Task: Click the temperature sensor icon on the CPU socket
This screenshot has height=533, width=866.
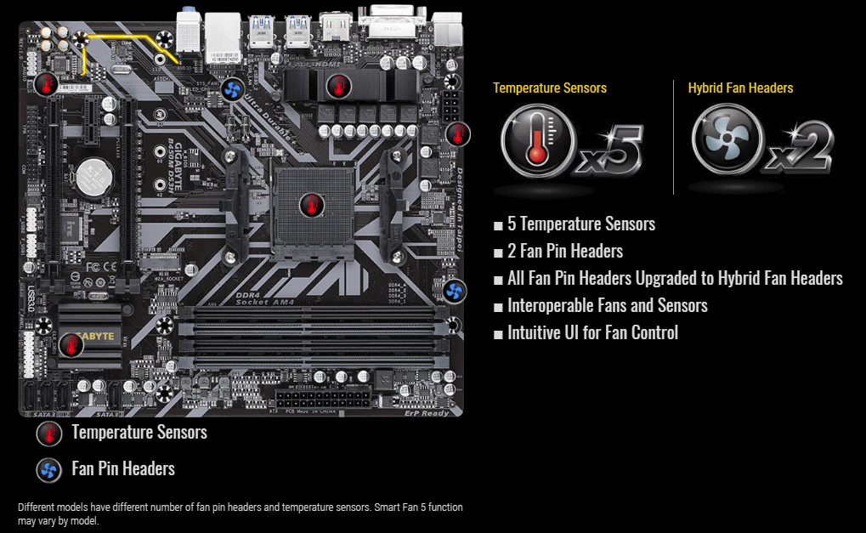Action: coord(311,205)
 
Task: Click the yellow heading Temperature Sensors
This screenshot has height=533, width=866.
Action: coord(550,88)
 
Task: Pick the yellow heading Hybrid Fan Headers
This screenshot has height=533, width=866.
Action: coord(740,88)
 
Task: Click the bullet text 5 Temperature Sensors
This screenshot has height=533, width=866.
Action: coord(580,224)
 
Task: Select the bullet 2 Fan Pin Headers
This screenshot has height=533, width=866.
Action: coord(564,252)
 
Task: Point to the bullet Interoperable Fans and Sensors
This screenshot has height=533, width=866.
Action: coord(607,306)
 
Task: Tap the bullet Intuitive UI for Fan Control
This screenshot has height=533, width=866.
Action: coord(592,333)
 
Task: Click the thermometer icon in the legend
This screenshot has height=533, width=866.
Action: coord(49,434)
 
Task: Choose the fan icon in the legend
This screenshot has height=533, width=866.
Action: coord(49,470)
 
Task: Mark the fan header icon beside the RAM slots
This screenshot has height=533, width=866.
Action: coord(455,292)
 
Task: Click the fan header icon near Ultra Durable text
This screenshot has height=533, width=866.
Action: coord(233,89)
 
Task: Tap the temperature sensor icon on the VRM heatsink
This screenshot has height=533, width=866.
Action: coord(338,85)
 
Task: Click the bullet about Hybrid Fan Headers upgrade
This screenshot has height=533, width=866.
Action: coord(675,279)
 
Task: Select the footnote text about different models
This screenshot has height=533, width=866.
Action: coord(241,513)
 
